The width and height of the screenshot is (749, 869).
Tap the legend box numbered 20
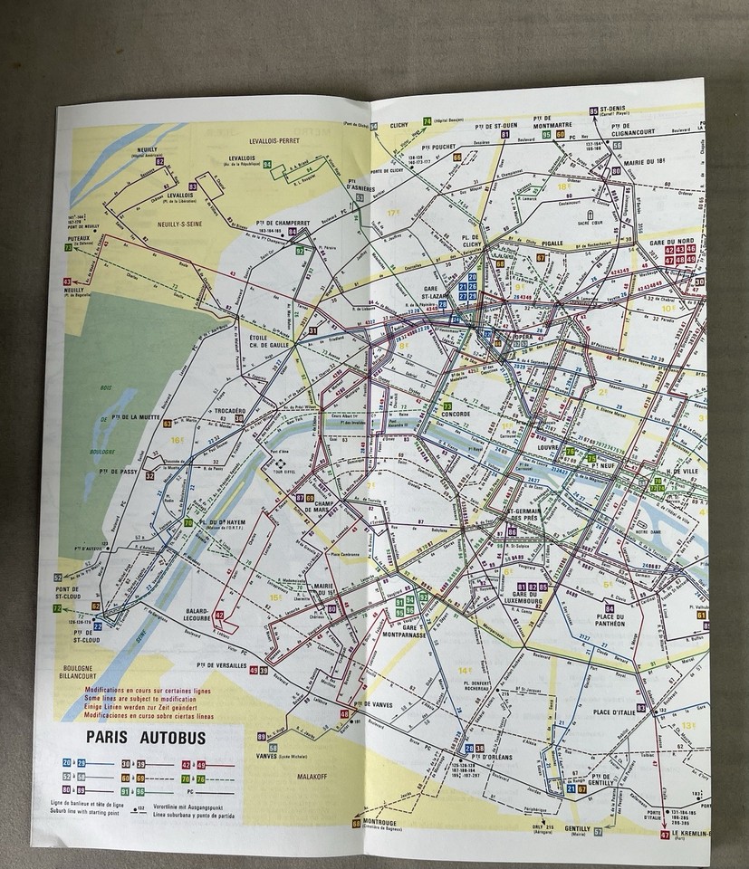pyautogui.click(x=68, y=763)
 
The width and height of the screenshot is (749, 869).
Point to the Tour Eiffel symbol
pyautogui.click(x=279, y=459)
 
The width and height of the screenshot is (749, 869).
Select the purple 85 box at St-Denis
pyautogui.click(x=595, y=110)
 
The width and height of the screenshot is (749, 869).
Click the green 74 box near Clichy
pyautogui.click(x=427, y=121)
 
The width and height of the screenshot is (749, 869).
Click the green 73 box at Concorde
pyautogui.click(x=447, y=406)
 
